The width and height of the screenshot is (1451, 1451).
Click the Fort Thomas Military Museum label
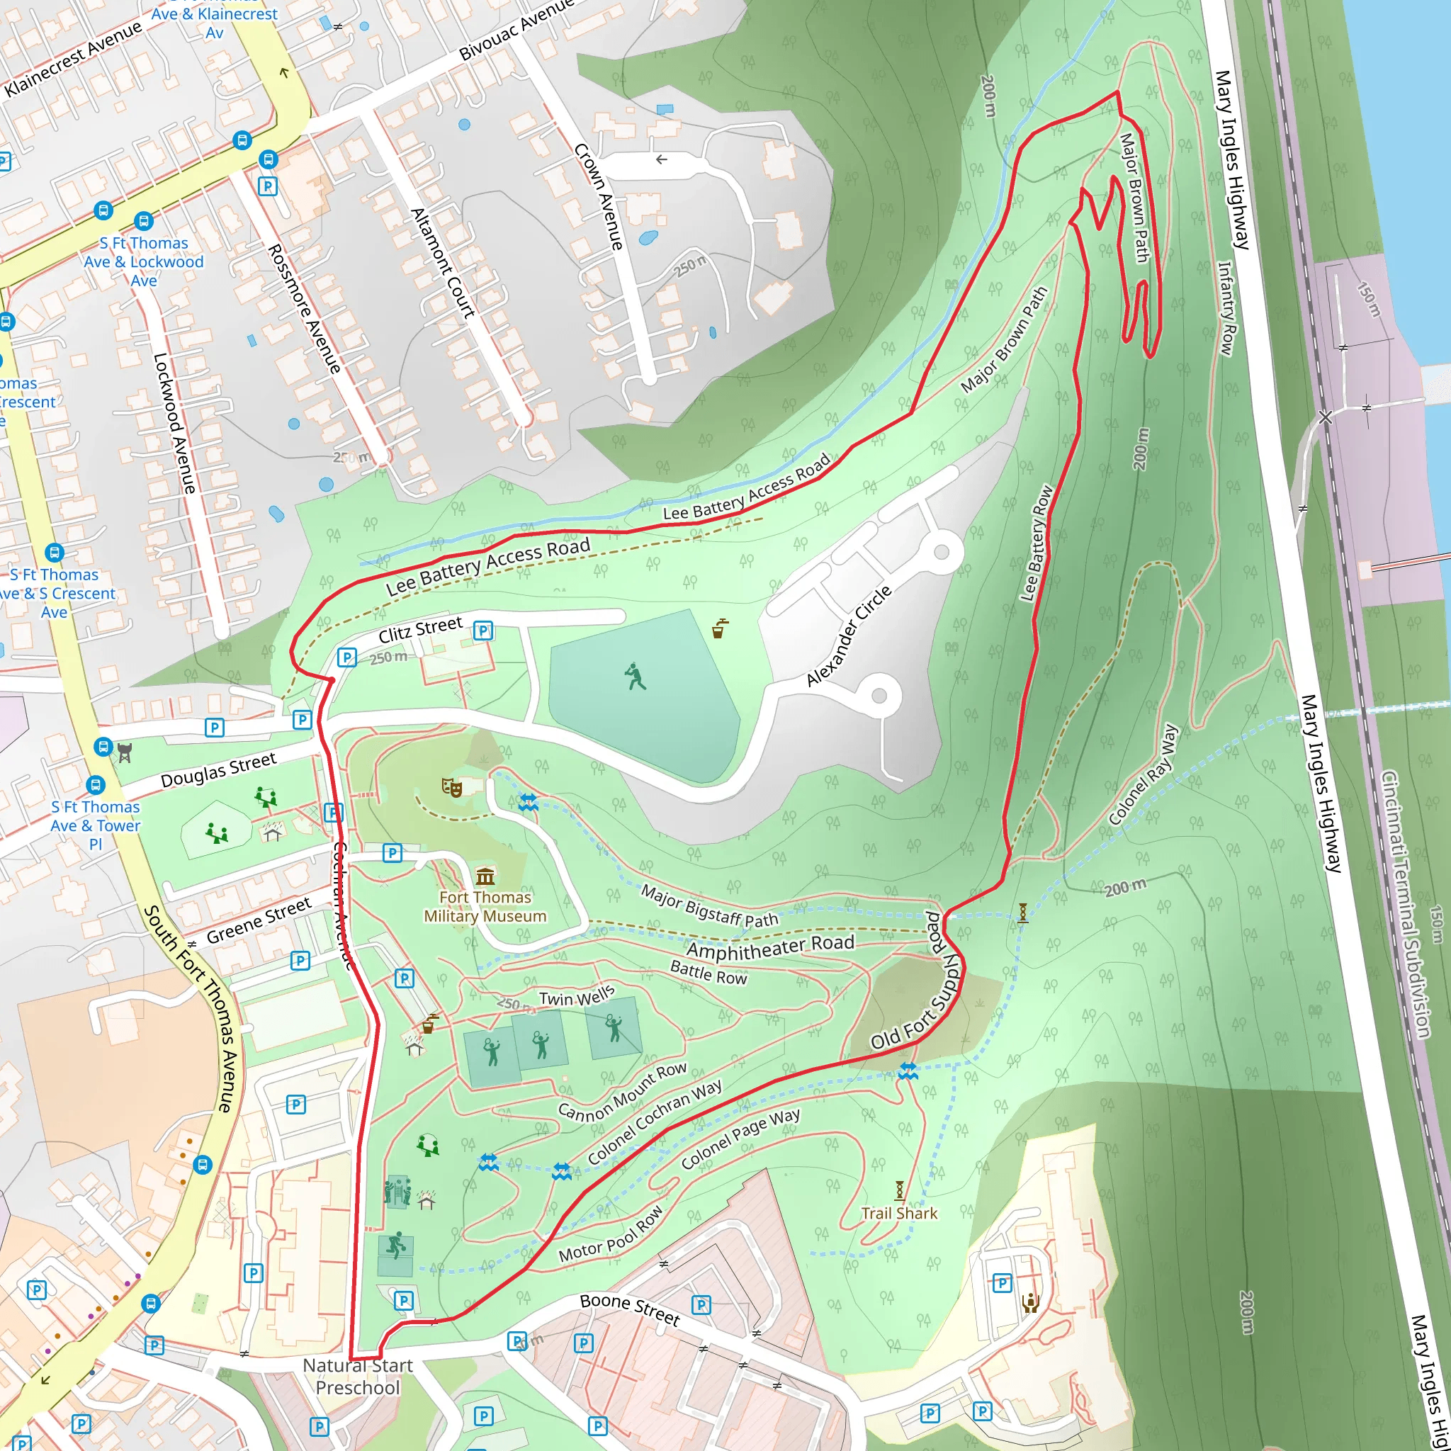click(x=485, y=906)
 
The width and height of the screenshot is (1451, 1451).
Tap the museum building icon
click(x=485, y=876)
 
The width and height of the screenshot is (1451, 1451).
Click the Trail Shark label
click(x=899, y=1213)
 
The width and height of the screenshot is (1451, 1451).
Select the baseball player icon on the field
click(x=635, y=676)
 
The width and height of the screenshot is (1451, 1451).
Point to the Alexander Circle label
click(x=849, y=636)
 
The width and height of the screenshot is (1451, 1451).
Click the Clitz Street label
click(x=420, y=629)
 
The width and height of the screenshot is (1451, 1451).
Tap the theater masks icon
click(x=451, y=786)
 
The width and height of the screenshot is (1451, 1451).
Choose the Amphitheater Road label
click(x=770, y=947)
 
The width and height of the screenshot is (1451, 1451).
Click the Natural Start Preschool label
click(x=358, y=1376)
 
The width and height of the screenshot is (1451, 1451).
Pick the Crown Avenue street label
click(x=599, y=197)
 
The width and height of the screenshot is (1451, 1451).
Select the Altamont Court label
click(x=443, y=263)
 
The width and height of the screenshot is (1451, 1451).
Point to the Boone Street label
click(x=629, y=1309)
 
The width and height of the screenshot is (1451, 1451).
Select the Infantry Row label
click(x=1226, y=308)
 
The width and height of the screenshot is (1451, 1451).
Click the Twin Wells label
click(x=576, y=997)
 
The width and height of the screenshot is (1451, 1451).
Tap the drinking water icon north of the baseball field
click(x=721, y=628)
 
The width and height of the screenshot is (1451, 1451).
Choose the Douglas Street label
click(x=218, y=770)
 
